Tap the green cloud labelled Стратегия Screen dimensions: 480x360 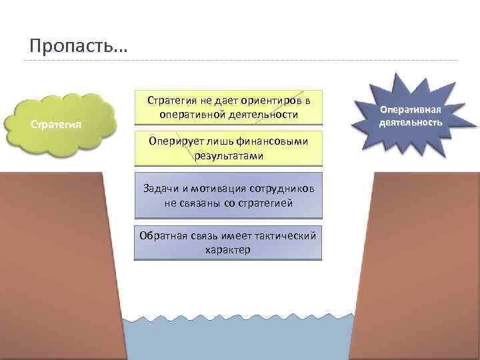click(59, 123)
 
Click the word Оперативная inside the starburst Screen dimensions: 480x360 click(411, 109)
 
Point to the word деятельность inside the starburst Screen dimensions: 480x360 click(411, 122)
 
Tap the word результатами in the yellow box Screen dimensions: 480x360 click(229, 156)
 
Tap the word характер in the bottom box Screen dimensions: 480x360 click(228, 250)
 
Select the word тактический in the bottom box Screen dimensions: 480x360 click(286, 237)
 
